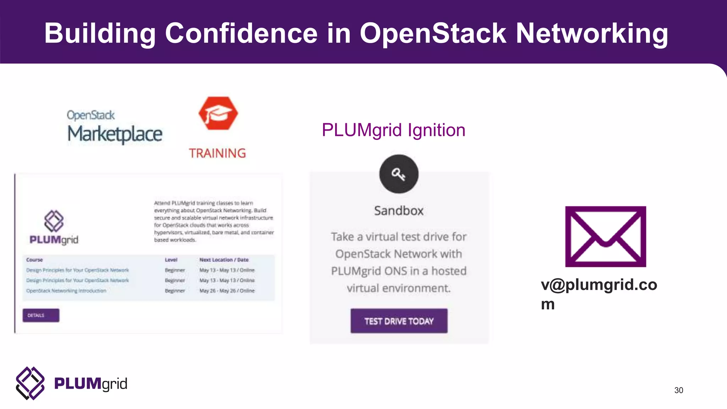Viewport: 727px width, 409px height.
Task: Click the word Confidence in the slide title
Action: pyautogui.click(x=241, y=33)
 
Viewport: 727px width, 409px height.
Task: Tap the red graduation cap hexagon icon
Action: pyautogui.click(x=218, y=113)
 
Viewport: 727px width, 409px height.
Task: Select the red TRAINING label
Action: pyautogui.click(x=217, y=153)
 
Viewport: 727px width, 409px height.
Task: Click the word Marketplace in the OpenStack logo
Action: pyautogui.click(x=115, y=134)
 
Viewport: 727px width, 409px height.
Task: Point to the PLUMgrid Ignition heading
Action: pyautogui.click(x=393, y=130)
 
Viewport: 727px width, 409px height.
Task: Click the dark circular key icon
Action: pyautogui.click(x=399, y=174)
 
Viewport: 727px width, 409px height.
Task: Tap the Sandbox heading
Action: pyautogui.click(x=399, y=211)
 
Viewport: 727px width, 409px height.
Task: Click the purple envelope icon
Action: pyautogui.click(x=606, y=236)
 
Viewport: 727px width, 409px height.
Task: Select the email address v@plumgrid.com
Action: pyautogui.click(x=599, y=294)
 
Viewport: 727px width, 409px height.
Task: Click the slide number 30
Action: pyautogui.click(x=678, y=390)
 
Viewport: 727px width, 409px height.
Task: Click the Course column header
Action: pyautogui.click(x=34, y=260)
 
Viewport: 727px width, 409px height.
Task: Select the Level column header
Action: pyautogui.click(x=171, y=260)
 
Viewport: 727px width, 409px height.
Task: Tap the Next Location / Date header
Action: pyautogui.click(x=224, y=260)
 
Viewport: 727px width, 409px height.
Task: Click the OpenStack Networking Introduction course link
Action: pyautogui.click(x=66, y=291)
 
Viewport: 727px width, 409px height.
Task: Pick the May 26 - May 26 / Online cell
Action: pyautogui.click(x=227, y=291)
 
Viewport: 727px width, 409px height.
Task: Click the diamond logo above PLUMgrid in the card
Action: pyautogui.click(x=54, y=221)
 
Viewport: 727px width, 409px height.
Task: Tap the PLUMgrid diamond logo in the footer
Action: pyautogui.click(x=30, y=383)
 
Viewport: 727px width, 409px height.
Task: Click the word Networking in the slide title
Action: pyautogui.click(x=592, y=33)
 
